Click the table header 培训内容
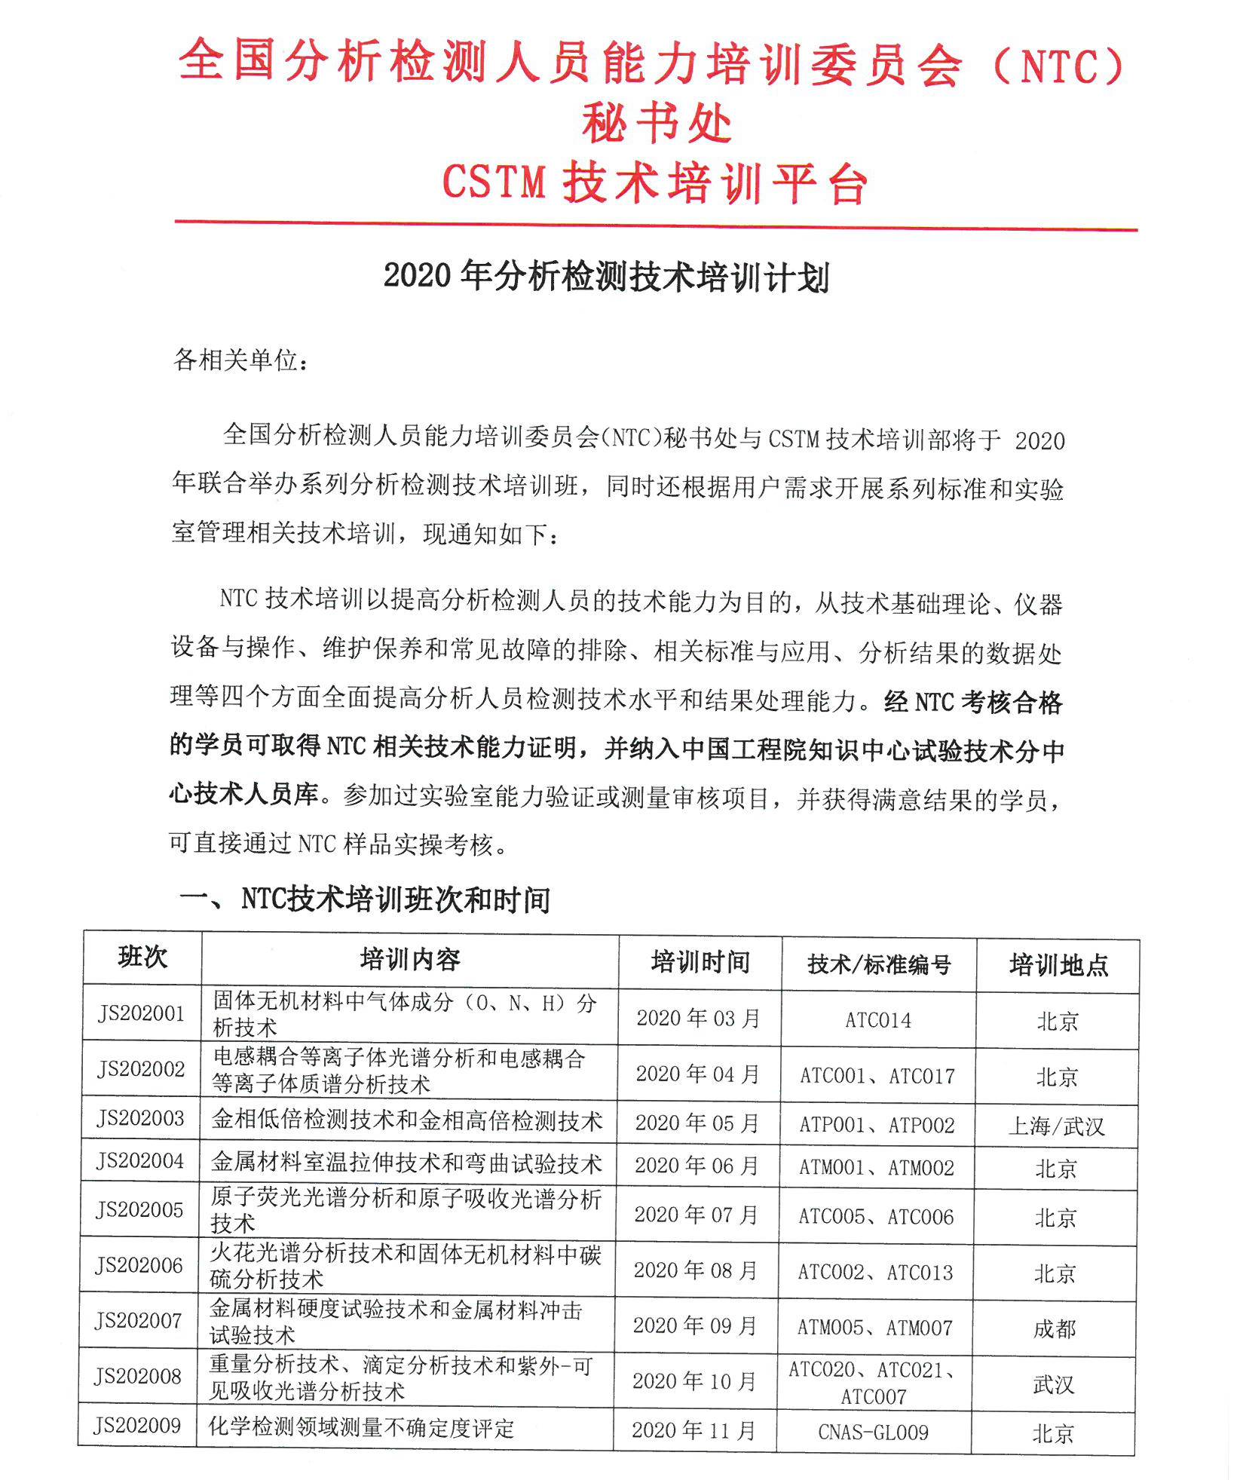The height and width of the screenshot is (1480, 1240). [410, 960]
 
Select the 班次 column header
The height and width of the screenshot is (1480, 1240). [142, 958]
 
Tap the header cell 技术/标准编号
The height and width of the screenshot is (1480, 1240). [879, 964]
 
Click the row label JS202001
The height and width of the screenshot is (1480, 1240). [142, 1013]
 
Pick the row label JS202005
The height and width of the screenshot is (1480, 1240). [140, 1210]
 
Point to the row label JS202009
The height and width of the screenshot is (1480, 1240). [138, 1426]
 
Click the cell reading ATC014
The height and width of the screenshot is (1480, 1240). [878, 1020]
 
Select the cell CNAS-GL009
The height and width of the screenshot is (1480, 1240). [874, 1432]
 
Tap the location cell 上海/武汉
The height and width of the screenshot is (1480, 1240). [1057, 1126]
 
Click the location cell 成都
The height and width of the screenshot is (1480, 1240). [1055, 1328]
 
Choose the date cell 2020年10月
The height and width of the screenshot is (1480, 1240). [694, 1381]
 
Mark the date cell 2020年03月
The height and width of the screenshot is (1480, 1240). [699, 1018]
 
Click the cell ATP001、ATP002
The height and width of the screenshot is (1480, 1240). [877, 1125]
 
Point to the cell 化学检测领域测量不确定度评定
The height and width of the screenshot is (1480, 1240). [362, 1428]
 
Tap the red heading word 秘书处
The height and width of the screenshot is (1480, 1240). [657, 124]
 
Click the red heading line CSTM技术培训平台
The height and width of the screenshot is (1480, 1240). [655, 183]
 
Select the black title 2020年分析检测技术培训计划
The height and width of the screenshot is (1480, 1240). [607, 277]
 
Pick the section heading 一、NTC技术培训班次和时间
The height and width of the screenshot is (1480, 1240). [365, 899]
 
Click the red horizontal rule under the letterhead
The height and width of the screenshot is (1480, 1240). [656, 225]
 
